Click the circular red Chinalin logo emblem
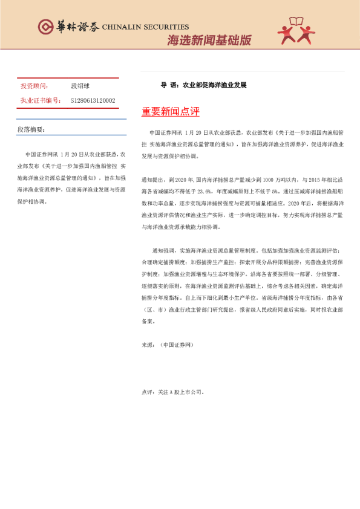pos(47,27)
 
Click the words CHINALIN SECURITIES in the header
pos(145,27)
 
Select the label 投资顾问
pos(34,86)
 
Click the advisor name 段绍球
pos(80,86)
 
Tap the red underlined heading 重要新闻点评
pos(170,112)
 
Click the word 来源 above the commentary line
pos(147,344)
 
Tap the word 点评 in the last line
pos(147,392)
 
